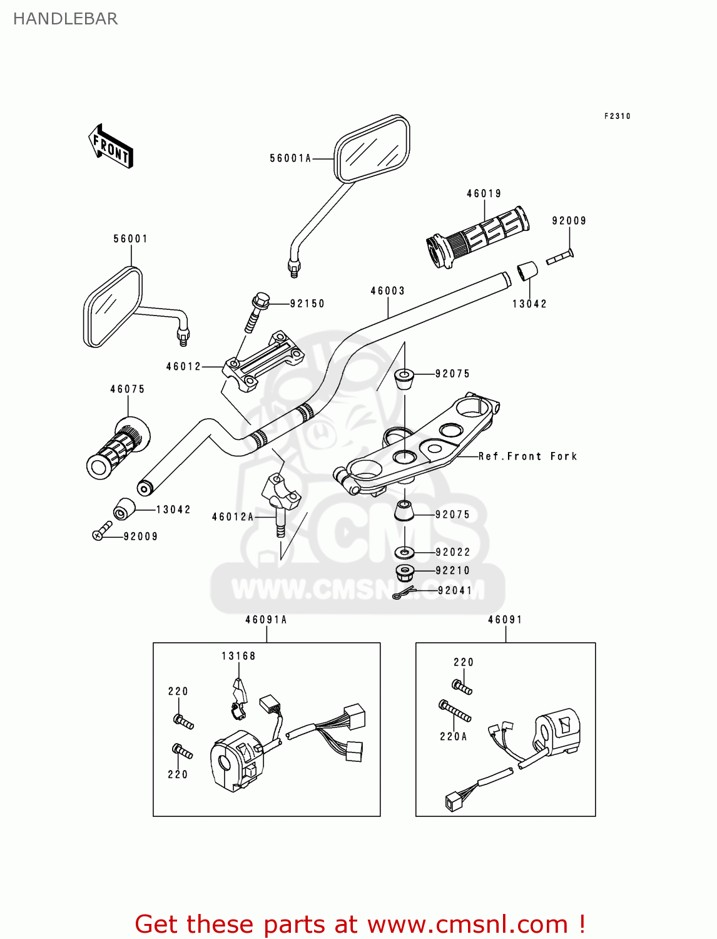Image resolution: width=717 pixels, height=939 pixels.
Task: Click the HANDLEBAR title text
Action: pos(65,19)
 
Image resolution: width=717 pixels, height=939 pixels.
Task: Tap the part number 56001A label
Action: pos(290,158)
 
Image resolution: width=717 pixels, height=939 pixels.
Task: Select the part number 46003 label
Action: pos(388,290)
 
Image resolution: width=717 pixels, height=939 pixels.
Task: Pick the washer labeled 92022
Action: pos(405,553)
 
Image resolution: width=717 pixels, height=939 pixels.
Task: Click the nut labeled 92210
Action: pos(405,571)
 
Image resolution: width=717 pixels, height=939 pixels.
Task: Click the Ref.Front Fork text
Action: pos(527,456)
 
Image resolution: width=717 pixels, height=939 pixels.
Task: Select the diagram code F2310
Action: pos(617,116)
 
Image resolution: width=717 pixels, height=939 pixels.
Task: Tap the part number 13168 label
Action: pos(238,656)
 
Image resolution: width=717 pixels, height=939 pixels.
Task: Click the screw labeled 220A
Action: pos(455,711)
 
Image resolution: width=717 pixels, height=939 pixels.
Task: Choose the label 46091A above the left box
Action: pos(266,620)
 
